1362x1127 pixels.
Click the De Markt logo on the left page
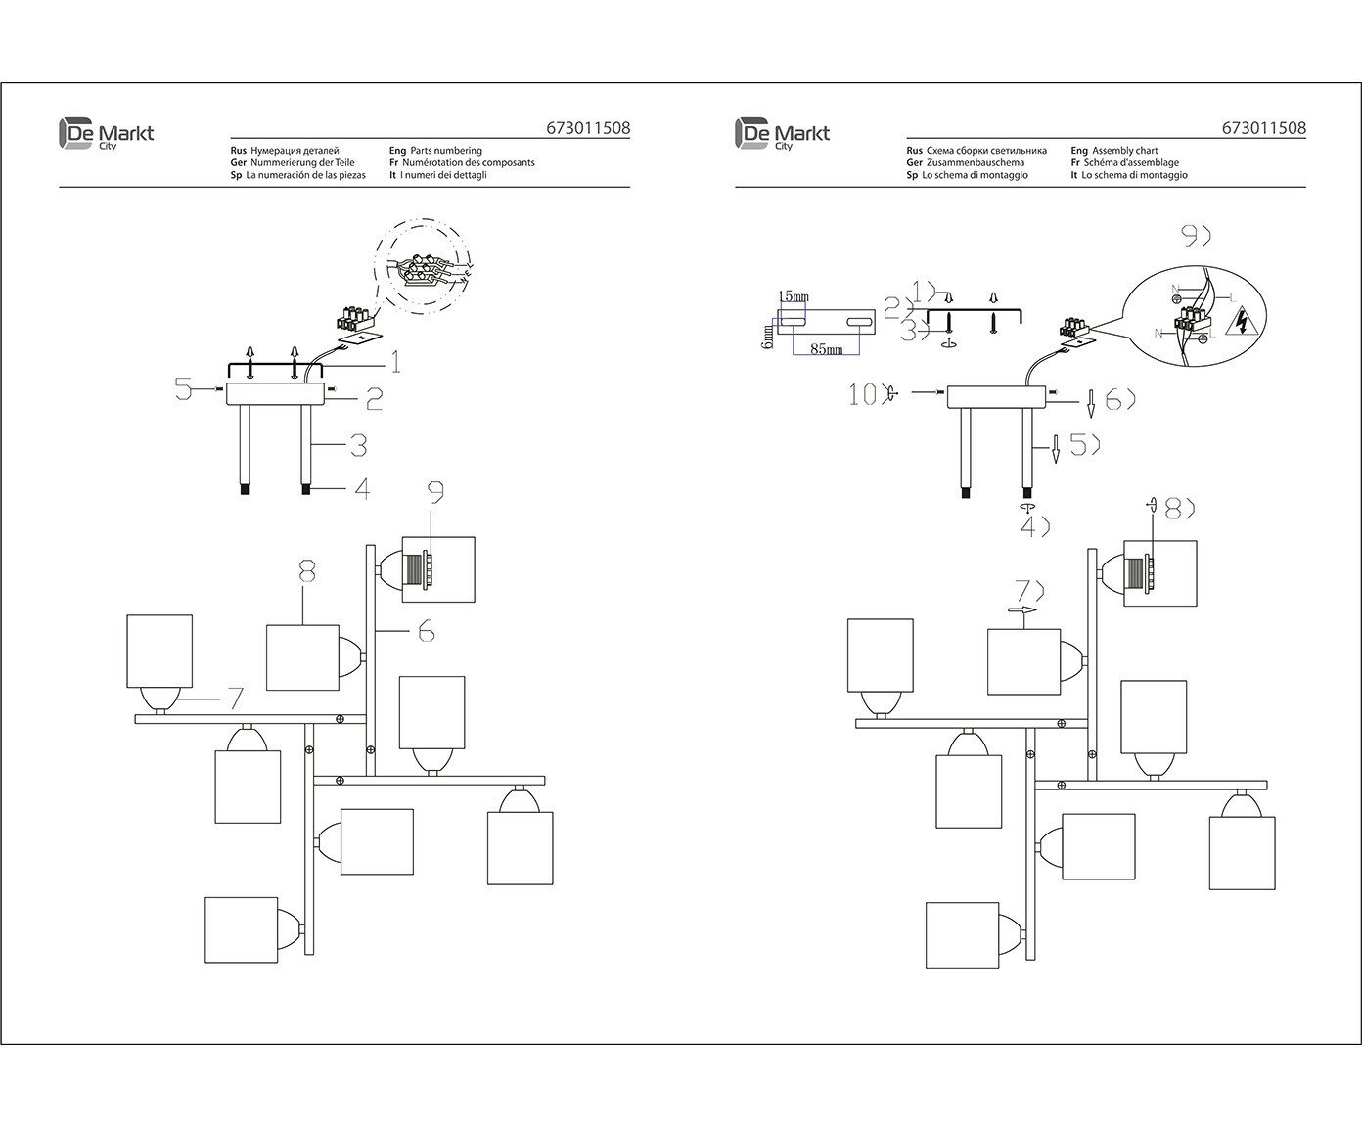(x=107, y=134)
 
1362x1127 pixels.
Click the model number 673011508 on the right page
(x=1263, y=128)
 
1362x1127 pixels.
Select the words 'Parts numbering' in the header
(x=445, y=151)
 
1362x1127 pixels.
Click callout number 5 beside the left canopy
(x=183, y=389)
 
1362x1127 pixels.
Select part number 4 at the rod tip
(x=362, y=488)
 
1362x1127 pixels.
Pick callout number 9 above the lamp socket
(x=436, y=491)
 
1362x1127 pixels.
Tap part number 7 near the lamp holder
(x=234, y=698)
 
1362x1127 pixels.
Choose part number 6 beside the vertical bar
(x=426, y=633)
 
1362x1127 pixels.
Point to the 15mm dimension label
(x=794, y=295)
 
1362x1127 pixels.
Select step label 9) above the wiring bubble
(x=1195, y=236)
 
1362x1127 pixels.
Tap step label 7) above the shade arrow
(x=1030, y=590)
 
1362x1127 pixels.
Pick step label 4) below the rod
(x=1034, y=526)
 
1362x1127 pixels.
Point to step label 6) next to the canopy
(x=1118, y=399)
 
